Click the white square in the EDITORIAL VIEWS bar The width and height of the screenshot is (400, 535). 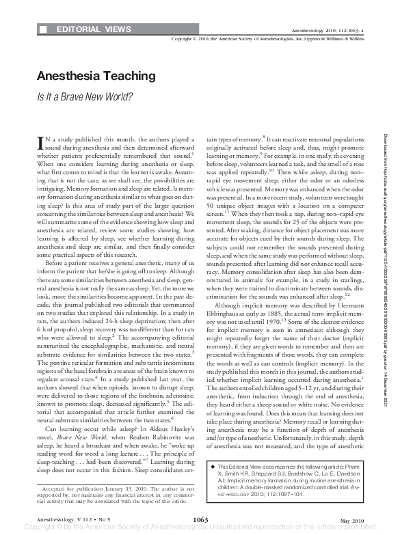[44, 30]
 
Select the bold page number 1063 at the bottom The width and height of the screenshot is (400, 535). [200, 520]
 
